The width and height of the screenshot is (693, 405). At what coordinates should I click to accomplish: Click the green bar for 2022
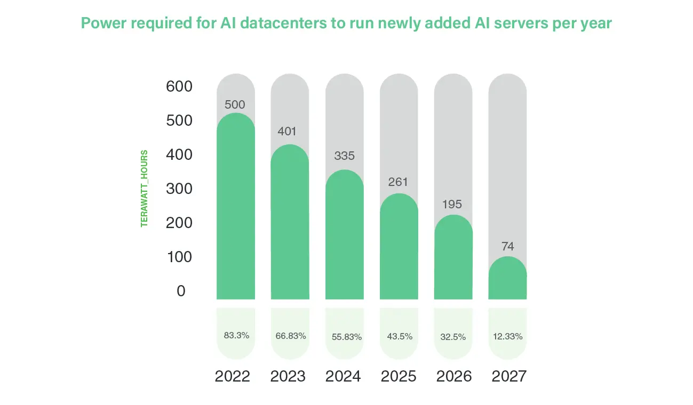(235, 208)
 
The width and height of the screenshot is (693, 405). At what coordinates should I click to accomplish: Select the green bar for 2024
(344, 237)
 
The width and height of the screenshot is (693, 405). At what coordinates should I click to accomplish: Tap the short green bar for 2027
(507, 280)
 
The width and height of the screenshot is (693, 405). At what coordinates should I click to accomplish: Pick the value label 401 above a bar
(290, 131)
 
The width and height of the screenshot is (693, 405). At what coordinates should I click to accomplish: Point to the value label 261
(399, 182)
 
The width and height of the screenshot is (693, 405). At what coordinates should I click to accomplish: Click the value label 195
(453, 204)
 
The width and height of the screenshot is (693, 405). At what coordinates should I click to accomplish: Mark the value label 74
(507, 246)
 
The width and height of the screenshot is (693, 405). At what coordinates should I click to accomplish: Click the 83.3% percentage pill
(236, 335)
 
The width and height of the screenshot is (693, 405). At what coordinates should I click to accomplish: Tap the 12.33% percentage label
(507, 337)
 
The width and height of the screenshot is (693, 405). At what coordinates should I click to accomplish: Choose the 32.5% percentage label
(453, 337)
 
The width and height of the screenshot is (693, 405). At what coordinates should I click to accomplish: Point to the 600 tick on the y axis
(179, 86)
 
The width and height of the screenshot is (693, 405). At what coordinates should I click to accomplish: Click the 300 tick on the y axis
(179, 189)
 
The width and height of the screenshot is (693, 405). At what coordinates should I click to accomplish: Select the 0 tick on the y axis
(181, 291)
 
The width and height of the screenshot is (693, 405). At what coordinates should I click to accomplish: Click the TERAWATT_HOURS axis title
(144, 189)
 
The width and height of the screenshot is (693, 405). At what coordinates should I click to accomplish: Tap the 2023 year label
(288, 376)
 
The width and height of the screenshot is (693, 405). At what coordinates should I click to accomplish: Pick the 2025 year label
(399, 376)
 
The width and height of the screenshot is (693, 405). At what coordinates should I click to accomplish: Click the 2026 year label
(454, 376)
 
